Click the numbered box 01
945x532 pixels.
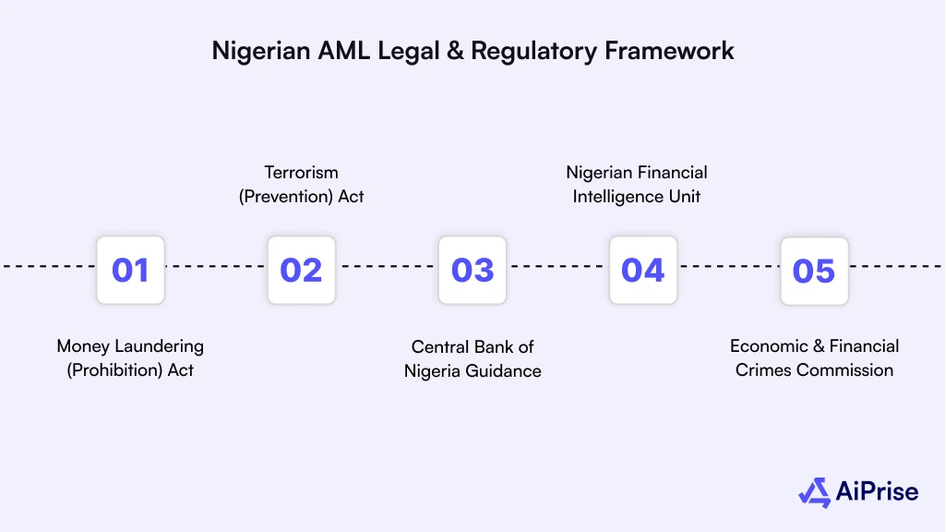(130, 270)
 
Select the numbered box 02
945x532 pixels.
(301, 270)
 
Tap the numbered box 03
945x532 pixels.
(472, 270)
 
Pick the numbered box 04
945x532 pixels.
(643, 270)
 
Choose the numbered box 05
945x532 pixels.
(814, 270)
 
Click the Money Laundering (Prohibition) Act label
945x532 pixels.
(130, 358)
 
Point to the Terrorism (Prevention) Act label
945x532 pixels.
(302, 184)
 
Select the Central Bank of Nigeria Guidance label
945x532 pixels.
(472, 358)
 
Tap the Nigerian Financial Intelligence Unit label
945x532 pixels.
(637, 184)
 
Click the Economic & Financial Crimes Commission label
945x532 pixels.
(814, 358)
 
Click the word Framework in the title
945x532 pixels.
(669, 51)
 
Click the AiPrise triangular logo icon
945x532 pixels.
(815, 492)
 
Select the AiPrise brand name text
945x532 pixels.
(877, 492)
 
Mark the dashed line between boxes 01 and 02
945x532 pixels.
(216, 266)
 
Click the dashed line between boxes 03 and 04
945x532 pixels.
(557, 266)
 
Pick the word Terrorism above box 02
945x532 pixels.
(302, 173)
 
